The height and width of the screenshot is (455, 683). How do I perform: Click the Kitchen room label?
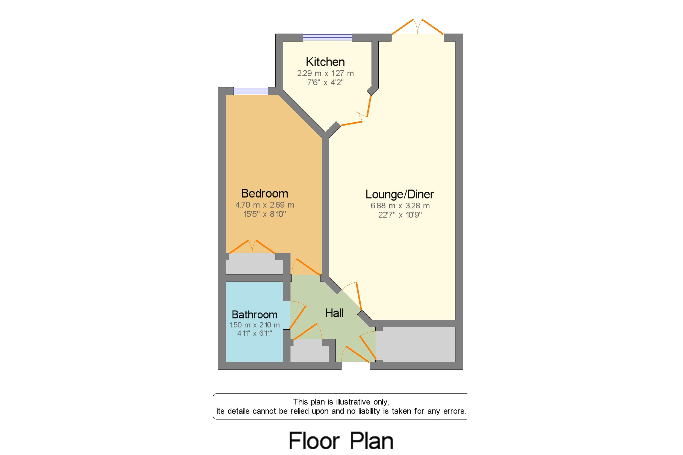pos(325,62)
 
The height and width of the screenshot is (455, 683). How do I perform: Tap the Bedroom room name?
pos(264,193)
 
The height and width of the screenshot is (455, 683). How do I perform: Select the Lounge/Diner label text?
pos(399,194)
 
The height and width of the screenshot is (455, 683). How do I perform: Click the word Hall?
pos(334,313)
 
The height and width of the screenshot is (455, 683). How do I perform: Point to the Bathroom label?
pos(254,315)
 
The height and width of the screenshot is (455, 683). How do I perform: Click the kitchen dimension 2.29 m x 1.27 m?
pos(325,73)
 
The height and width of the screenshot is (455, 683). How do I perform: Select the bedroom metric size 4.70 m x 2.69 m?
pos(264,205)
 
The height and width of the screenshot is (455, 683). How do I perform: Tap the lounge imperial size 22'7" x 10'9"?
pos(400,215)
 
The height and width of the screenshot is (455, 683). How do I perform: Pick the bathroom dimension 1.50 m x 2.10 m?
pos(255,325)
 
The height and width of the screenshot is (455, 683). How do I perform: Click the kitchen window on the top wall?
pos(327,37)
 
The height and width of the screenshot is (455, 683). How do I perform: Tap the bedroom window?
pos(251,91)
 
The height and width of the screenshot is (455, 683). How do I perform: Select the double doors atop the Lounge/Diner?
pos(417,27)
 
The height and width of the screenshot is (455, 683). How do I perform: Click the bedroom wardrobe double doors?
pos(252,247)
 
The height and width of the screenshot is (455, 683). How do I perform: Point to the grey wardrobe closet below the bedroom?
pos(254,264)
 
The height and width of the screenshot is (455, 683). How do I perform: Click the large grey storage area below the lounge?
pos(415,344)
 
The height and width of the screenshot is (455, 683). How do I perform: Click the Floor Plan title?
pos(341,441)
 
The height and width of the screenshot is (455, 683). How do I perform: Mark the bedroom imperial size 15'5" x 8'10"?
pos(264,214)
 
